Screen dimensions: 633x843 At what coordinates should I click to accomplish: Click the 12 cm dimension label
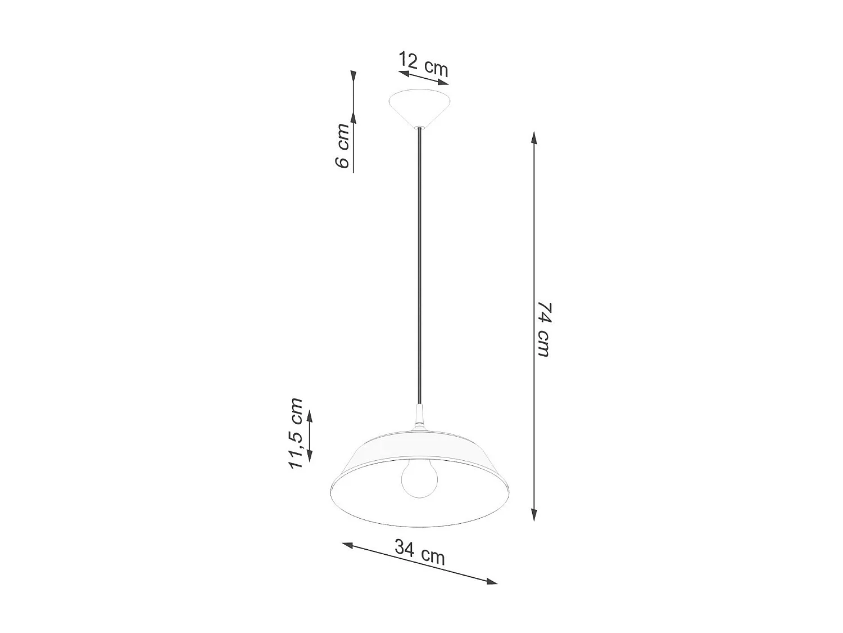click(424, 64)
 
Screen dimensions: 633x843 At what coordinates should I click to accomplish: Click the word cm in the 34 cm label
click(433, 556)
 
